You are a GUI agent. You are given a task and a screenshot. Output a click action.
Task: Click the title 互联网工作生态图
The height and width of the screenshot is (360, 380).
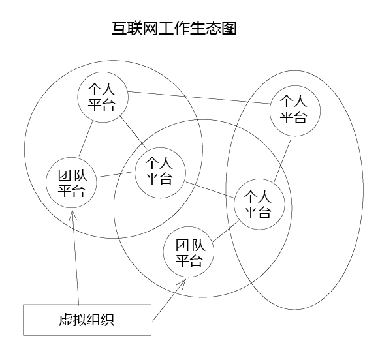tap(174, 28)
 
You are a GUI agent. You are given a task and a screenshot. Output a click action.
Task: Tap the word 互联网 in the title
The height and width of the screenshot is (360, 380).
tap(135, 28)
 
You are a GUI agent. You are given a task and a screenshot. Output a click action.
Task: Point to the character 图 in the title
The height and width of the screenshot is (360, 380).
tap(229, 28)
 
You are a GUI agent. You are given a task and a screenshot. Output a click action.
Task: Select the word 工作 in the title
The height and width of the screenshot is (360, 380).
tap(174, 28)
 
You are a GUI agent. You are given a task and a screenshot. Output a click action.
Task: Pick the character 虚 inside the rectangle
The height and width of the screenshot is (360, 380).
tap(66, 320)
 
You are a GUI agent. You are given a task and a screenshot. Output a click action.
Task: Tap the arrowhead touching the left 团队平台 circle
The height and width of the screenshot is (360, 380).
tap(72, 215)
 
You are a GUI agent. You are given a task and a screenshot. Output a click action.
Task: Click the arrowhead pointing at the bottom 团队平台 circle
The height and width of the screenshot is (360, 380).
tap(182, 283)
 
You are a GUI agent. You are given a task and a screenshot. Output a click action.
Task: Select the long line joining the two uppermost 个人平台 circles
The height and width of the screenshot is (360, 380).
tap(199, 98)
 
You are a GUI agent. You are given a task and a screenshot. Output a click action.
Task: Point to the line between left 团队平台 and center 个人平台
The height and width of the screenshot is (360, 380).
tap(116, 175)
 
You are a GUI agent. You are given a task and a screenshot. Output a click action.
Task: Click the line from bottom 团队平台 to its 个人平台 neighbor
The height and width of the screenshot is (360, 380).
tap(226, 232)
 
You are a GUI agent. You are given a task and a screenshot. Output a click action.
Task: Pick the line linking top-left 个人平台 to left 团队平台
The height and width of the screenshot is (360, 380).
tap(86, 139)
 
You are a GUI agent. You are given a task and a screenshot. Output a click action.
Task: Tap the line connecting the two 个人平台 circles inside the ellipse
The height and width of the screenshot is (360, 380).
tap(283, 160)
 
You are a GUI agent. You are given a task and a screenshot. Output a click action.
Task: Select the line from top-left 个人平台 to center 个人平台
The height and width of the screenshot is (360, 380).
tap(134, 133)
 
